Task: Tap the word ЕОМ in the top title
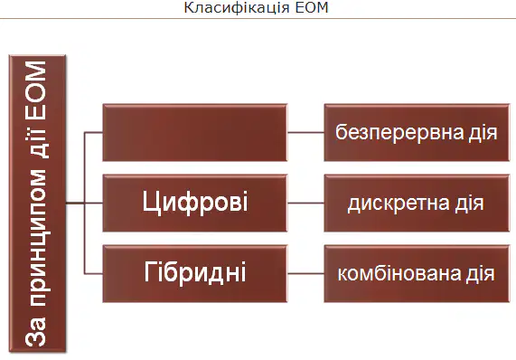[312, 7]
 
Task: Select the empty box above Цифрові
[195, 132]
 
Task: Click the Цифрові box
[195, 203]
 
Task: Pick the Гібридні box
[195, 273]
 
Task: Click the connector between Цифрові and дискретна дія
[305, 203]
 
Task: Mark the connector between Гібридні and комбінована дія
[305, 273]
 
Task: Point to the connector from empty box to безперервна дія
[305, 132]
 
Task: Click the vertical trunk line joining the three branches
[85, 203]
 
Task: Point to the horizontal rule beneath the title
[258, 19]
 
